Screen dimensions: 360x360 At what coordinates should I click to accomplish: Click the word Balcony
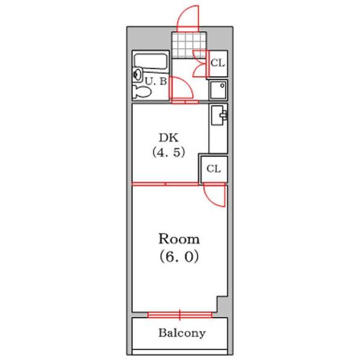182,333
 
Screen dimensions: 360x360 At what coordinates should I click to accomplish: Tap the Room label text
179,239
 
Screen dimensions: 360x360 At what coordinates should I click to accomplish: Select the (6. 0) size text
179,257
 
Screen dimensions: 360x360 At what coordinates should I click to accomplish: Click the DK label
169,137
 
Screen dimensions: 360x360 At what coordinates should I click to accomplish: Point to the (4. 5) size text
169,152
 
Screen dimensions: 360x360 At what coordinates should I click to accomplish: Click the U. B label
156,81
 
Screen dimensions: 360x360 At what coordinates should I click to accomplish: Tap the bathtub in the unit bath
150,61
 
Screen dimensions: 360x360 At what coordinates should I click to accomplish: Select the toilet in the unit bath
142,92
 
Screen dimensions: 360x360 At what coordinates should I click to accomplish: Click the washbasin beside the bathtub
138,74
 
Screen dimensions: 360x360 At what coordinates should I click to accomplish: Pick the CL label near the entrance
218,62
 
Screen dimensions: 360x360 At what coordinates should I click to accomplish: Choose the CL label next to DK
214,169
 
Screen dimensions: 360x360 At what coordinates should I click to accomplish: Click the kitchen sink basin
217,115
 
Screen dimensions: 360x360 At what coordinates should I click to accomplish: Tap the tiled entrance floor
189,45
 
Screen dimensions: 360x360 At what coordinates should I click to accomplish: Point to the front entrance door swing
187,19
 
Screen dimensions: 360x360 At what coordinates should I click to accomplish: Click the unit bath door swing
181,88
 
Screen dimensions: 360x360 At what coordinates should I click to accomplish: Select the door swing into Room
214,195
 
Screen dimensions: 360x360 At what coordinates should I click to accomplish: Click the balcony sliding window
180,315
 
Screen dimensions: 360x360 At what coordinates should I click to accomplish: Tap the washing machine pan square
218,90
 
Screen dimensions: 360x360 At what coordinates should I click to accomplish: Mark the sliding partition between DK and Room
166,184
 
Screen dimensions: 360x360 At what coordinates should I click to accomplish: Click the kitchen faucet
224,115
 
